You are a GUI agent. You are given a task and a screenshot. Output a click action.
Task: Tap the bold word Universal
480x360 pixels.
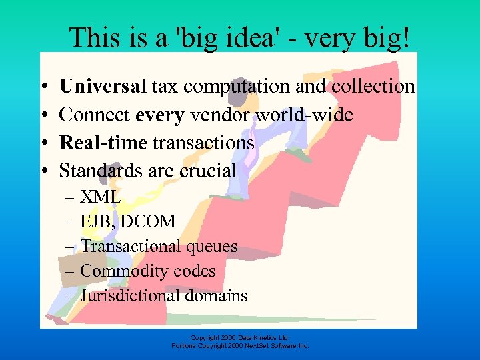tap(103, 86)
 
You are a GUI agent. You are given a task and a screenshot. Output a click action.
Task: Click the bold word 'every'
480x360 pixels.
tap(159, 115)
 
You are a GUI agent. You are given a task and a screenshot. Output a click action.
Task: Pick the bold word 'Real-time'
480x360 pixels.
tap(104, 143)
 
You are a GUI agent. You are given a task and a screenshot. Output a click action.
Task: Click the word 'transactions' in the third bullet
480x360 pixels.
tap(204, 143)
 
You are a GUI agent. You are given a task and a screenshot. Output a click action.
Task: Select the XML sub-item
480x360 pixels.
tap(100, 197)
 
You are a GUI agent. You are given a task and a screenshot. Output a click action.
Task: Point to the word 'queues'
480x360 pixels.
tap(211, 247)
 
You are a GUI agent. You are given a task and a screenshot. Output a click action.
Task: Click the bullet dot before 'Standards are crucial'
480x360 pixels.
tap(43, 171)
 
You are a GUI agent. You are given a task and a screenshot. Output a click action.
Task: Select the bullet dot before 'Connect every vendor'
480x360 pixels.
tap(43, 115)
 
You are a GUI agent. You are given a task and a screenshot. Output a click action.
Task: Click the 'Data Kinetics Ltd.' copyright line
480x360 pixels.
tap(240, 337)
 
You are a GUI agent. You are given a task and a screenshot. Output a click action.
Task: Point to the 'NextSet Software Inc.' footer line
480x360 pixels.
tap(240, 346)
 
